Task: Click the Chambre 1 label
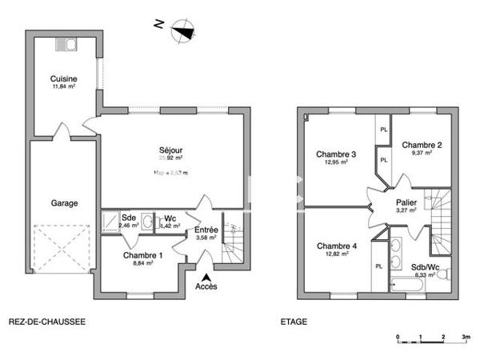(142, 255)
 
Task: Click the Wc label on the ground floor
(170, 218)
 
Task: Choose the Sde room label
(128, 218)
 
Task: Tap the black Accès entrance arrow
(206, 276)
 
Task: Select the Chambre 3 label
(336, 154)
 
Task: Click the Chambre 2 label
(422, 145)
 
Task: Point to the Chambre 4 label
(336, 246)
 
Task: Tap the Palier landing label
(406, 203)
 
